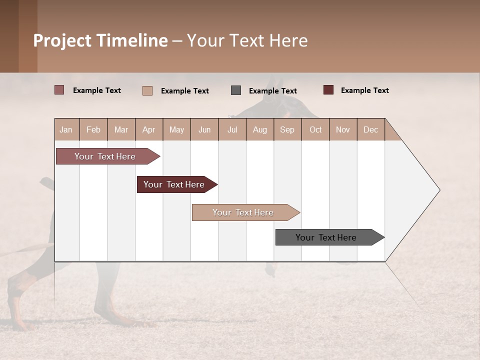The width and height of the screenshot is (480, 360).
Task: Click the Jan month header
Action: [66, 129]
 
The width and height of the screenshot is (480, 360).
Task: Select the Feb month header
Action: [93, 129]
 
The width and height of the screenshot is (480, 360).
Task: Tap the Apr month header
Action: [148, 129]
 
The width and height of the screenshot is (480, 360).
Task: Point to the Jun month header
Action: [204, 129]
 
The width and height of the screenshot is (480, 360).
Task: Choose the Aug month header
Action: [259, 129]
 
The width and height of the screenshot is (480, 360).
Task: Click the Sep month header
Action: [287, 129]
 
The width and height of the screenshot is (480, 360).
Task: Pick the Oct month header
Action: [315, 129]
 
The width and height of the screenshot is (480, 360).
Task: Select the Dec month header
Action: [370, 129]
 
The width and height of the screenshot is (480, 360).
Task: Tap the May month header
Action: [176, 129]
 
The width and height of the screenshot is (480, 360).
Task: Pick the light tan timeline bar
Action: [243, 212]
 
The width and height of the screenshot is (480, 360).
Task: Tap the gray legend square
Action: [236, 90]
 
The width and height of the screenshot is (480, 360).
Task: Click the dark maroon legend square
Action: [328, 90]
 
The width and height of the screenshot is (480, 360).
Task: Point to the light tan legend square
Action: [147, 91]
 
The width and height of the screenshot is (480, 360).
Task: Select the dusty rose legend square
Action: [59, 90]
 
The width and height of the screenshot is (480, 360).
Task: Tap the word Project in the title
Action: [62, 40]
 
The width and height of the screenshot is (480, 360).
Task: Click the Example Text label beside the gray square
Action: [272, 91]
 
